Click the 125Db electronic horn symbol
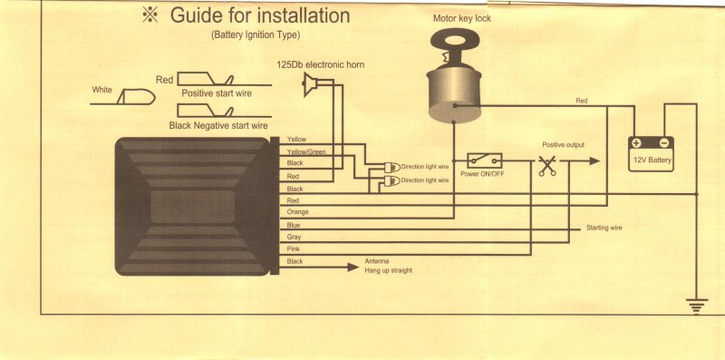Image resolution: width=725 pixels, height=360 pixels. [310, 85]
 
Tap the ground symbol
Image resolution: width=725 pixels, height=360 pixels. [697, 306]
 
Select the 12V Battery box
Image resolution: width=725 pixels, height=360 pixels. [651, 153]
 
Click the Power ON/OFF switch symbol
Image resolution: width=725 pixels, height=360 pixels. [485, 161]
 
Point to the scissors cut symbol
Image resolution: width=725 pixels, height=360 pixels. [547, 165]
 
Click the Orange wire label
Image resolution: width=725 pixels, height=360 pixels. [298, 212]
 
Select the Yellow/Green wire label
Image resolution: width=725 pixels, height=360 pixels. [307, 151]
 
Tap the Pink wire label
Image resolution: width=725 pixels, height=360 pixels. [294, 249]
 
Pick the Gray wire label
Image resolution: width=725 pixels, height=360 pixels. [294, 237]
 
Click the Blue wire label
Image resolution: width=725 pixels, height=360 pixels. [294, 225]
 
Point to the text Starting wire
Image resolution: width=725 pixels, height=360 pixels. [604, 228]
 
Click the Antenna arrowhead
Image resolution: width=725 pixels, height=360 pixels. [353, 267]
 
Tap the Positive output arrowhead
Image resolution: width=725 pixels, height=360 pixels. [594, 161]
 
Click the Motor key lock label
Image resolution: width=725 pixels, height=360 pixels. [462, 18]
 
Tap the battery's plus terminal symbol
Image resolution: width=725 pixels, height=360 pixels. [637, 143]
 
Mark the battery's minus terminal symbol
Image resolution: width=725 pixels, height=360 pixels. [664, 142]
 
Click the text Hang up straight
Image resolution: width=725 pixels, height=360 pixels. [389, 270]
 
